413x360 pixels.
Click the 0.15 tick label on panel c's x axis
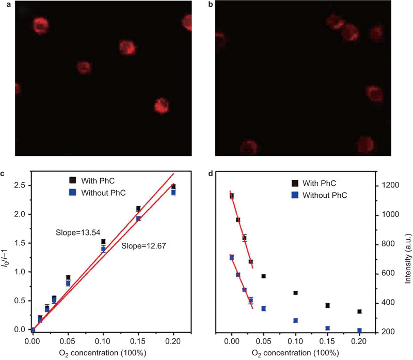point(138,341)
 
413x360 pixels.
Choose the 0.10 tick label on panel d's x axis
point(295,341)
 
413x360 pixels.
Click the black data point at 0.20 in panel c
point(173,186)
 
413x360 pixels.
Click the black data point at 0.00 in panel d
point(232,196)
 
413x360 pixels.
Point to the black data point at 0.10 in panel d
point(295,293)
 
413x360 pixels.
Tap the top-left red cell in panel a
point(40,25)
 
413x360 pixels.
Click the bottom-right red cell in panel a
point(162,105)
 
